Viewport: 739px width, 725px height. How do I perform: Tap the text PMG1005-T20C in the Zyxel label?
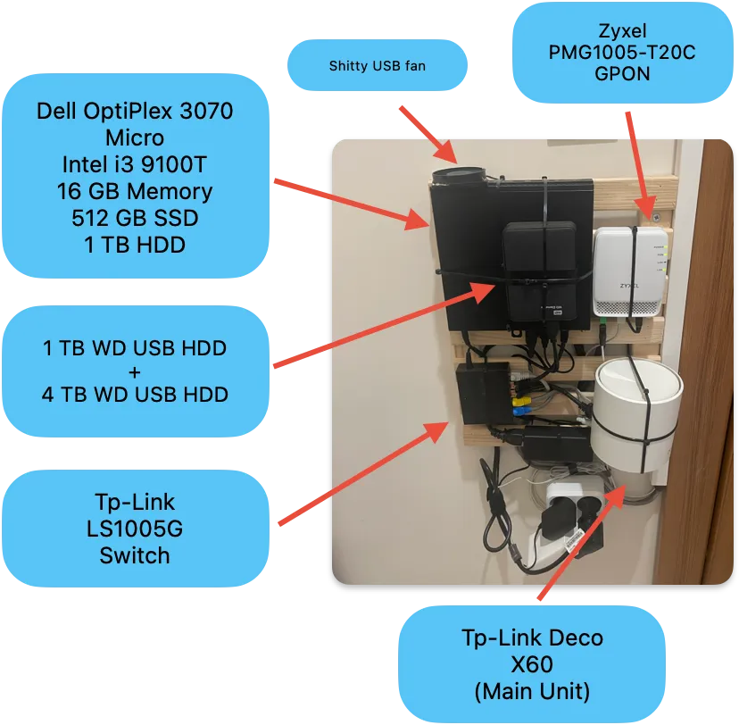[621, 54]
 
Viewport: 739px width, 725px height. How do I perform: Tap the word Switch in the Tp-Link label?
[135, 555]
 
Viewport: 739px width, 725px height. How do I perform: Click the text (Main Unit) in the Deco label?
[532, 691]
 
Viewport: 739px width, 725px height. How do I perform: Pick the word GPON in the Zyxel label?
[621, 75]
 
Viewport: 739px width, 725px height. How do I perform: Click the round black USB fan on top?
[457, 175]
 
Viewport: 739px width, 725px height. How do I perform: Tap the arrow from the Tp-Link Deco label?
[580, 545]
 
